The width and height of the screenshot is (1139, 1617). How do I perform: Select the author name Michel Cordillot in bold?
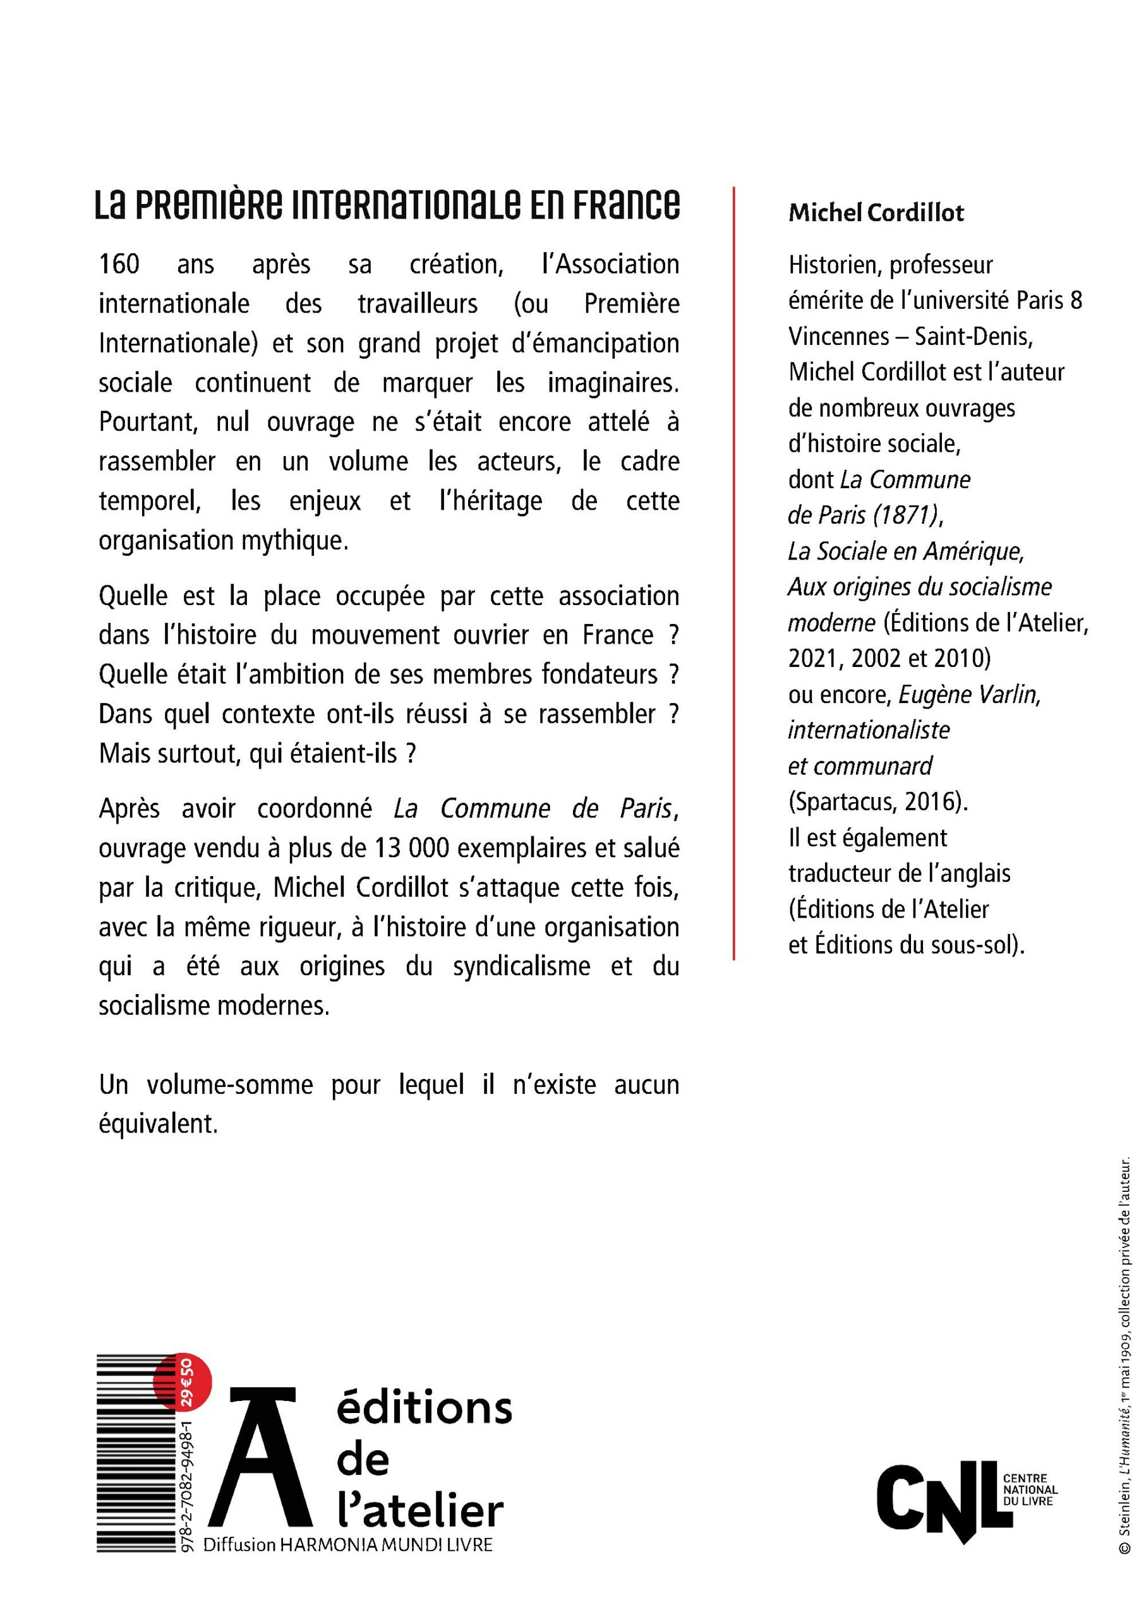pos(876,213)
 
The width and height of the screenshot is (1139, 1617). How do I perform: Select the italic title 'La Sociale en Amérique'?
pos(905,551)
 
